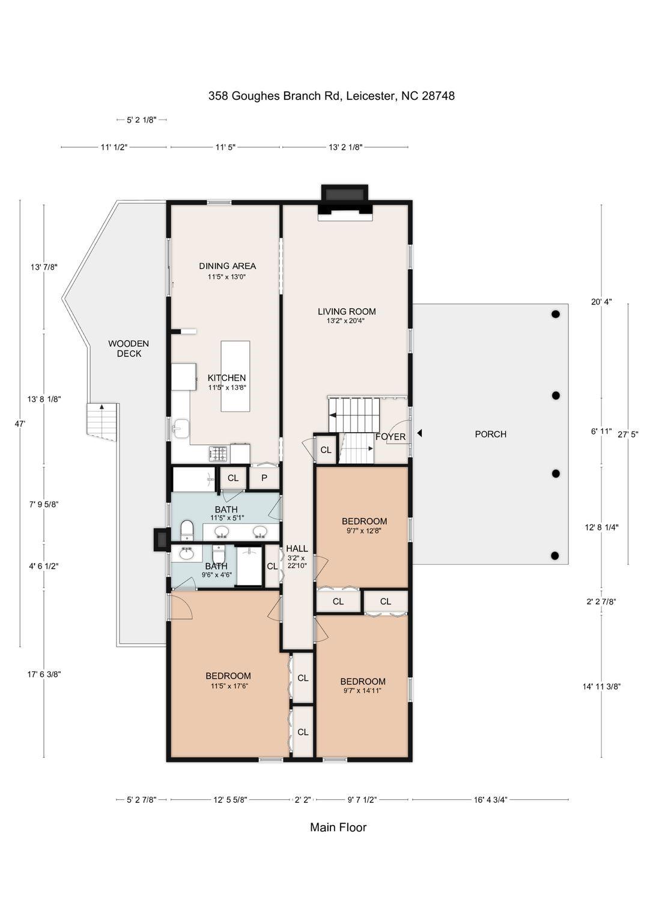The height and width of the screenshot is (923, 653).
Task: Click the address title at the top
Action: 331,96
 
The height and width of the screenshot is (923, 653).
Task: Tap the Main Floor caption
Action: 338,827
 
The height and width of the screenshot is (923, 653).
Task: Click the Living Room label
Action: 347,311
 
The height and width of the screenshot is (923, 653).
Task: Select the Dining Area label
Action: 228,266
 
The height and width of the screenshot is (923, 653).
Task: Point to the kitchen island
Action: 235,376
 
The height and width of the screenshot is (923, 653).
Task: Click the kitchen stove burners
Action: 218,454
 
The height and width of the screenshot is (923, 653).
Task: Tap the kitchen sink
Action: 181,429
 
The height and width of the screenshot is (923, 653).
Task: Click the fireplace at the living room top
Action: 344,200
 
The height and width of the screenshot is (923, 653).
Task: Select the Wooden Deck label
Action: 129,348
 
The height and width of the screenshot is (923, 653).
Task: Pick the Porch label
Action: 490,434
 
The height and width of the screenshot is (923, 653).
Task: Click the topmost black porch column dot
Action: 556,314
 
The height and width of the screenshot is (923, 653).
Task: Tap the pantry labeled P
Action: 264,478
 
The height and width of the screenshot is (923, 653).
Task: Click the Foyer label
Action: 390,437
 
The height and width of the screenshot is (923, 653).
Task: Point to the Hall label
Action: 297,549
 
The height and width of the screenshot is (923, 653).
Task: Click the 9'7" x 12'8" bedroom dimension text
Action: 364,531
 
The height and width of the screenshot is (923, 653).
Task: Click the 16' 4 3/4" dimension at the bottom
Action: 490,800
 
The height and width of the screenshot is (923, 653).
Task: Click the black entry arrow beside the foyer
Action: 420,433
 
